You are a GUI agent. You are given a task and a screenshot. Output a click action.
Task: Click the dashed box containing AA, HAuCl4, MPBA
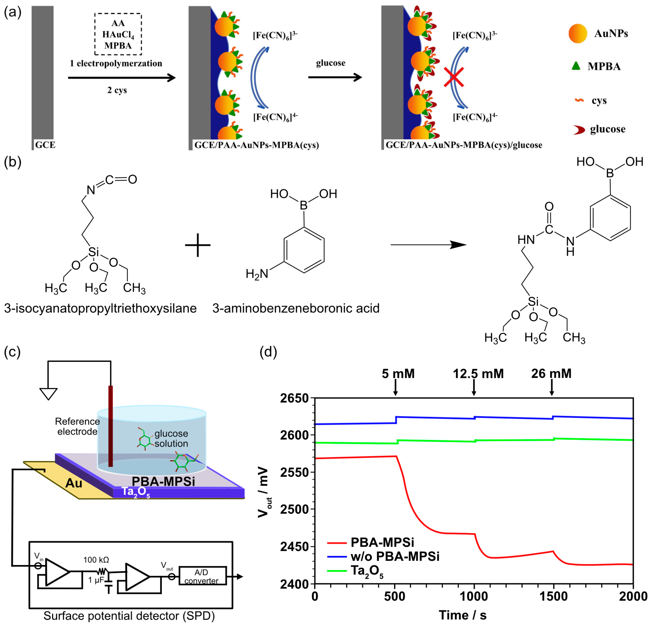(118, 34)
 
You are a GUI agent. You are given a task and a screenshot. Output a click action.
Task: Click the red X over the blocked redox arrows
(454, 77)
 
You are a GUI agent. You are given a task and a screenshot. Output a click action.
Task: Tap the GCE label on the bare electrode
(45, 145)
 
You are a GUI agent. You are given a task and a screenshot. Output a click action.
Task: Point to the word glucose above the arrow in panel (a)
(331, 63)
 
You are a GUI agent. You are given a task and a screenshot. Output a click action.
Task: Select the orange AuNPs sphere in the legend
(578, 34)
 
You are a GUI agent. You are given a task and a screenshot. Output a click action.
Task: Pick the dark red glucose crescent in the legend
(579, 130)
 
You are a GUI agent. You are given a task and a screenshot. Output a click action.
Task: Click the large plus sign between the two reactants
(198, 245)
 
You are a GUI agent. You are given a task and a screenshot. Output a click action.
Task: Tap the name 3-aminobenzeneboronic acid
(296, 308)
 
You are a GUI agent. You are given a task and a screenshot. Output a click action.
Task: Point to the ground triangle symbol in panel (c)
(48, 394)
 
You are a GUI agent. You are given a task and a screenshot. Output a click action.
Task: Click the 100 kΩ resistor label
(96, 560)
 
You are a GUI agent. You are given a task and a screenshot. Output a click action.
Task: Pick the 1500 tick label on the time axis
(553, 596)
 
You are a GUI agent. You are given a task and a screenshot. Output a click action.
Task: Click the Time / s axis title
(462, 615)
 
